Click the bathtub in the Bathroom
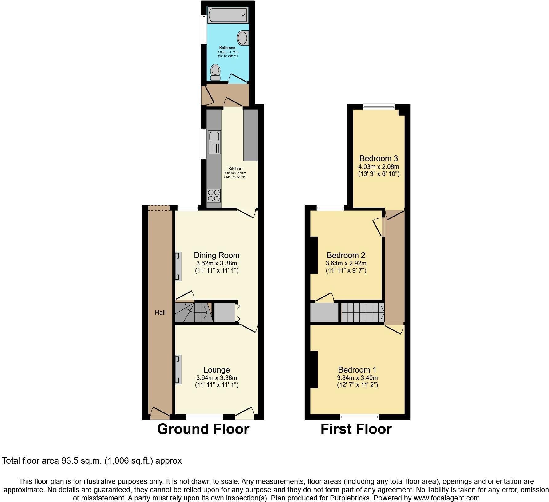point(228,14)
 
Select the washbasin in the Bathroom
point(243,38)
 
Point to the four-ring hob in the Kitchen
point(214,195)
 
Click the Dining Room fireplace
point(178,266)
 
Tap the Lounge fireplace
point(178,369)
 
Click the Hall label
point(160,313)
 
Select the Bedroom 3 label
point(379,158)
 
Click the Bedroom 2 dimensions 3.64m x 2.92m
point(346,264)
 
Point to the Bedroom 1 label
point(357,370)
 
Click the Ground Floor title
point(203,429)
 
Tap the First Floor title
point(356,429)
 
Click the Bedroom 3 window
point(379,107)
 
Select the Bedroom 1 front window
point(359,417)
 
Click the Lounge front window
point(205,417)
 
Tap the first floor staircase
point(363,313)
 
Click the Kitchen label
point(235,169)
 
